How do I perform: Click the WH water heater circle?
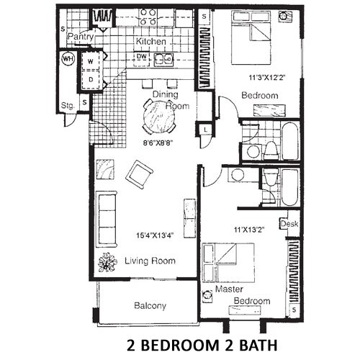(x=68, y=59)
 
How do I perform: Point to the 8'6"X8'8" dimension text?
(x=161, y=143)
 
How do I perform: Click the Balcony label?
(x=150, y=306)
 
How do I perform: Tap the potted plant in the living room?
(x=107, y=263)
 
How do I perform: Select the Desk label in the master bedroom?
(x=290, y=224)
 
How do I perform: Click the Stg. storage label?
(x=68, y=105)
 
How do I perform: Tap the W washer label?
(x=91, y=63)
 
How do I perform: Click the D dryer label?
(x=91, y=80)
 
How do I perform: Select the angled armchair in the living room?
(x=139, y=174)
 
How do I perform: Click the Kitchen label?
(x=150, y=42)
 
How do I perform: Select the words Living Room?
(x=150, y=261)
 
